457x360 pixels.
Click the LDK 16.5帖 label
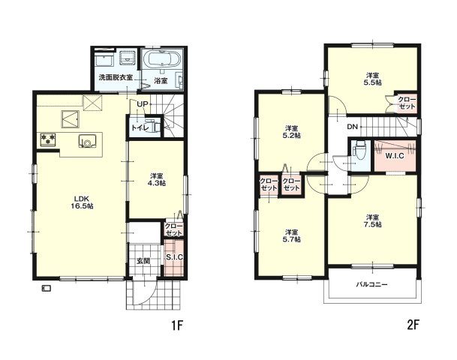[83, 202]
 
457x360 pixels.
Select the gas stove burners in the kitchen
[48, 139]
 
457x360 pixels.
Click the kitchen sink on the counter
[86, 141]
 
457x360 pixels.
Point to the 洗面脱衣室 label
[116, 77]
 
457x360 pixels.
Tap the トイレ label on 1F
[140, 127]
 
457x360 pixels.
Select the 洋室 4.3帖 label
[158, 179]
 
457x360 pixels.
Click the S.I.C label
[174, 257]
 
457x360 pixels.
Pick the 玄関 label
[143, 261]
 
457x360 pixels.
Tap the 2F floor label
[413, 325]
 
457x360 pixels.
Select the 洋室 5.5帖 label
[373, 79]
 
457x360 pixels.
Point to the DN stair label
[352, 127]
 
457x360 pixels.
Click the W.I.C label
[395, 156]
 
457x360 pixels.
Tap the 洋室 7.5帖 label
[373, 220]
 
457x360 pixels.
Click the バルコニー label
[372, 284]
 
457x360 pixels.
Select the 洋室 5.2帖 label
[292, 132]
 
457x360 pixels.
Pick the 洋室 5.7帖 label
[292, 236]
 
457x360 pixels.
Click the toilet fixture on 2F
[358, 151]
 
